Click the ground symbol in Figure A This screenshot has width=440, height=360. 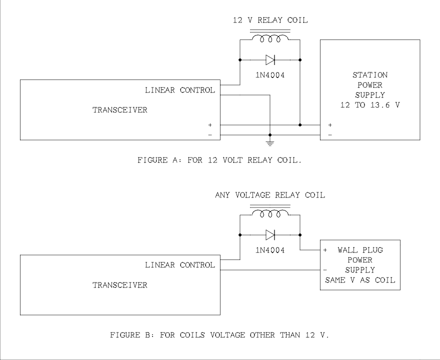(x=270, y=143)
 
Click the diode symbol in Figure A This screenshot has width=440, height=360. (x=270, y=60)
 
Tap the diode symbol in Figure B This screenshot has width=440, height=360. (x=270, y=234)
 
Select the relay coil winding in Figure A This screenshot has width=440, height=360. (x=270, y=38)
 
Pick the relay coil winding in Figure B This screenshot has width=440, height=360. (x=270, y=213)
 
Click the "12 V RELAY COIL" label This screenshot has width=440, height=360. (x=270, y=20)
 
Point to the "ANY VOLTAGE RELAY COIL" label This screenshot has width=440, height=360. (x=270, y=195)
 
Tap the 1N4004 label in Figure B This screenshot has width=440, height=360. (x=270, y=250)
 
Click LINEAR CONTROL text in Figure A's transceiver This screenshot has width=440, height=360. (x=180, y=90)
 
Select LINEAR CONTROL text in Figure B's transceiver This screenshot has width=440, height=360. (x=180, y=265)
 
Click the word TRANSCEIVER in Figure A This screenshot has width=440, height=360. (x=120, y=110)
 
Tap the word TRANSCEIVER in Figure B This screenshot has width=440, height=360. (x=120, y=285)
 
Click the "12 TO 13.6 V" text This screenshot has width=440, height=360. (x=370, y=105)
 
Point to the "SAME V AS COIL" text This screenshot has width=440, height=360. (x=360, y=280)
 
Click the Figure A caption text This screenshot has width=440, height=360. (x=220, y=160)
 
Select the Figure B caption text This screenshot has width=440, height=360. (x=220, y=335)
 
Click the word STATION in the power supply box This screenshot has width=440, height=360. (x=370, y=75)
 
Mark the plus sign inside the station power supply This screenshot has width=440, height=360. (x=330, y=125)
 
